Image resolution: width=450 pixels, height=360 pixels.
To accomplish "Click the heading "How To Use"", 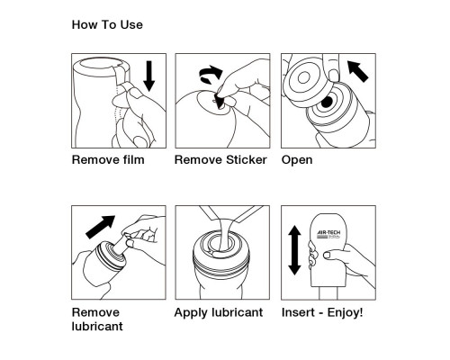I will tap(106, 25).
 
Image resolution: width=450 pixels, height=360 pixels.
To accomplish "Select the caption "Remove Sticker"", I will tap(220, 160).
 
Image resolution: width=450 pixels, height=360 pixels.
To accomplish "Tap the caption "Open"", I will tap(297, 160).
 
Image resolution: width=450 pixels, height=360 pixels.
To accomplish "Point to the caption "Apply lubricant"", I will tap(218, 313).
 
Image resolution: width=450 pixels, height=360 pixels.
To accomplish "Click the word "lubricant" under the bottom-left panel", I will tap(97, 327).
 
